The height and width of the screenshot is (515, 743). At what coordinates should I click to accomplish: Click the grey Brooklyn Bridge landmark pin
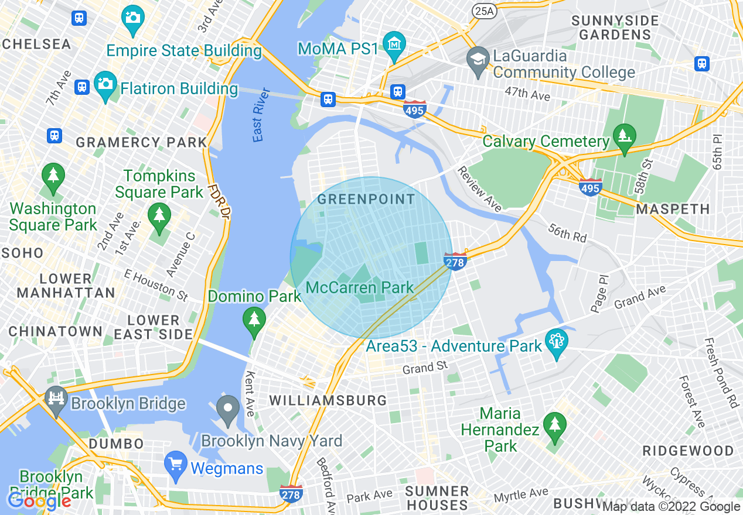(x=56, y=400)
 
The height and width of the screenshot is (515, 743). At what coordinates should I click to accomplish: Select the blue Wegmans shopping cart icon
(x=175, y=465)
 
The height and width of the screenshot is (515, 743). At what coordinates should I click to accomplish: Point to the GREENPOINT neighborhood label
(x=366, y=200)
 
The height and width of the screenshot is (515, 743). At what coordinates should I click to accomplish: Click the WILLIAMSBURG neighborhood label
(x=328, y=401)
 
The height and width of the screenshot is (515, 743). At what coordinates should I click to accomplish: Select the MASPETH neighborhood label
(x=673, y=209)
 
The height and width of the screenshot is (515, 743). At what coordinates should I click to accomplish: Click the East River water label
(x=261, y=115)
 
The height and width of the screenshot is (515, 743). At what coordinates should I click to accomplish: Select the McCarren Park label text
(x=360, y=288)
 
